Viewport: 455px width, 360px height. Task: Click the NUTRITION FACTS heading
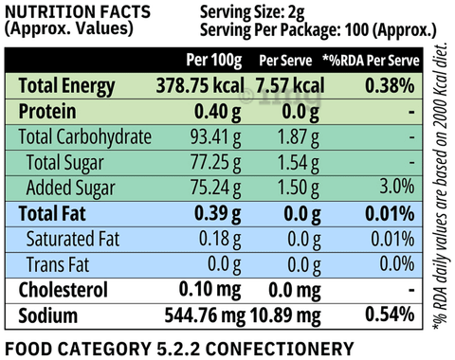coord(78,12)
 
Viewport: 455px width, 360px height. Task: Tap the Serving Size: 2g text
coord(252,13)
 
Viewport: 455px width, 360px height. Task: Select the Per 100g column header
coord(214,60)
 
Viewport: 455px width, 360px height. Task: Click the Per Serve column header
coord(285,60)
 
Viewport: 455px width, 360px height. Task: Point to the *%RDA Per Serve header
coord(371,60)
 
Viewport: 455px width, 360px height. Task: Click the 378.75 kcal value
coord(200,85)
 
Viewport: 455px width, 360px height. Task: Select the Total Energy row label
coord(66,86)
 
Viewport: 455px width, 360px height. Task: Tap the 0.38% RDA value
coord(390,85)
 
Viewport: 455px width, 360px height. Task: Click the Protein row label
coord(47,112)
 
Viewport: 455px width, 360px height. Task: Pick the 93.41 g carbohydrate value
coord(215,137)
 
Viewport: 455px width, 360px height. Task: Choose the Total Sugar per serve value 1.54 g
coord(299,164)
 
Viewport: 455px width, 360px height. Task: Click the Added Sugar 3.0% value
coord(397,187)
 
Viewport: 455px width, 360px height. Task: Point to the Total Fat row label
coord(52,214)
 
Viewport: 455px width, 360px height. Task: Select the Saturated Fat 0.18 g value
coord(220,240)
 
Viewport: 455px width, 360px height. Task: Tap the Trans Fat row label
coord(58,264)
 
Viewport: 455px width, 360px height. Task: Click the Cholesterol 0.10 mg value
coord(210,290)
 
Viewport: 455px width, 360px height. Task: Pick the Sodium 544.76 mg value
coord(205,315)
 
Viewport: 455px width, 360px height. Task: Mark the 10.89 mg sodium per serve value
coord(285,315)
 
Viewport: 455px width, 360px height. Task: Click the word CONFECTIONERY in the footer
coord(280,349)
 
